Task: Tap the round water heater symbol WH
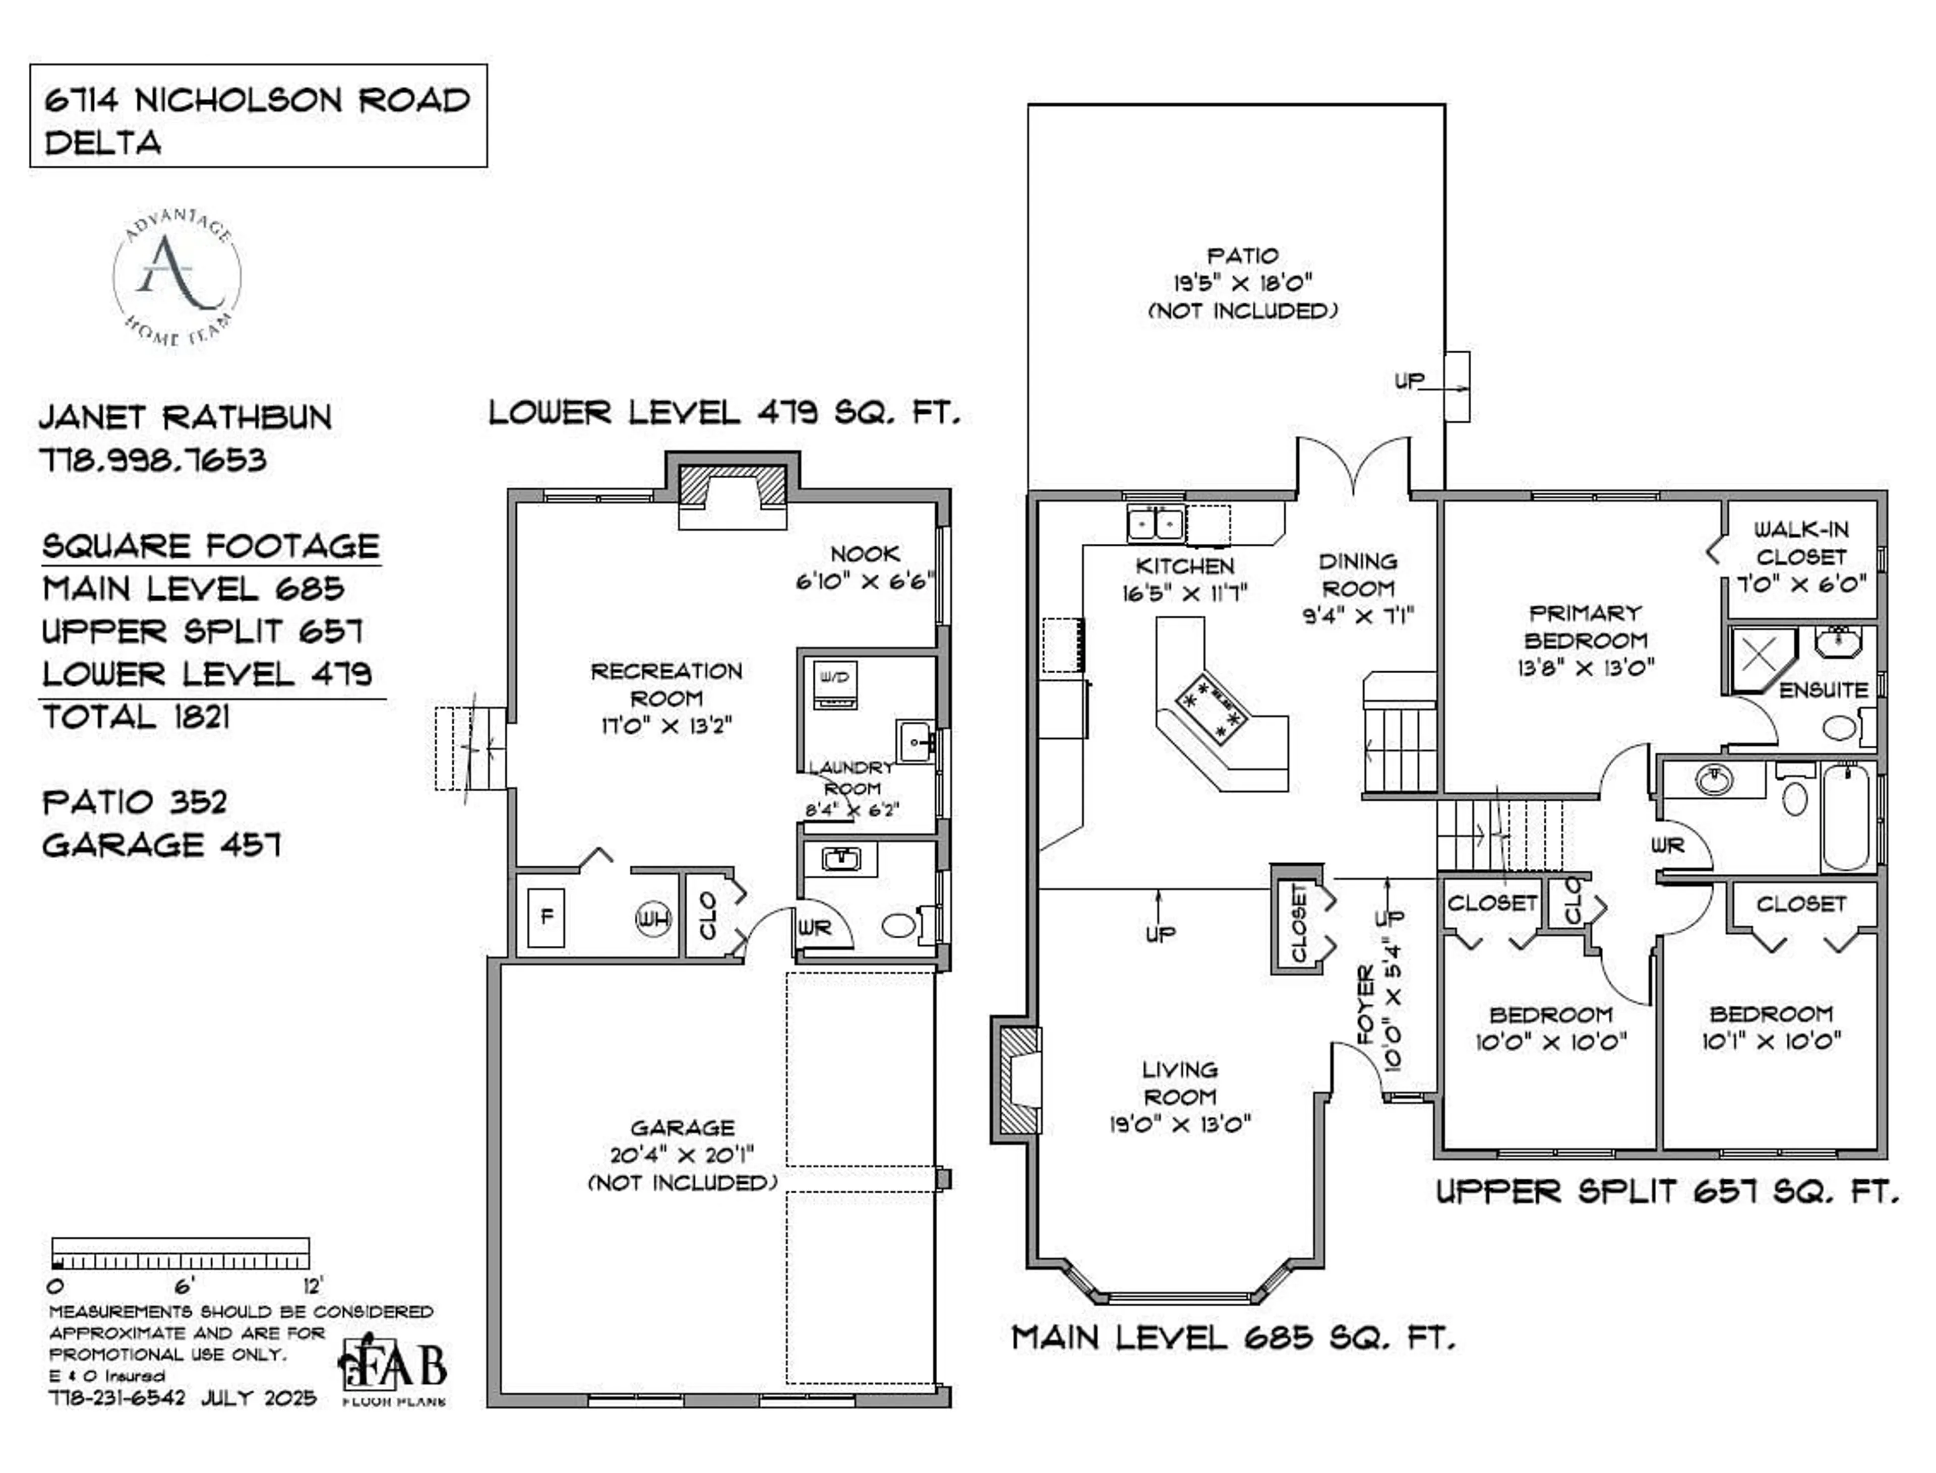click(x=652, y=919)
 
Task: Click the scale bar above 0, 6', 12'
click(x=180, y=1254)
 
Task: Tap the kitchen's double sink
click(x=1155, y=524)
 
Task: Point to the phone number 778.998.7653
click(x=153, y=460)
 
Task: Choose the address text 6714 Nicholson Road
click(x=257, y=100)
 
